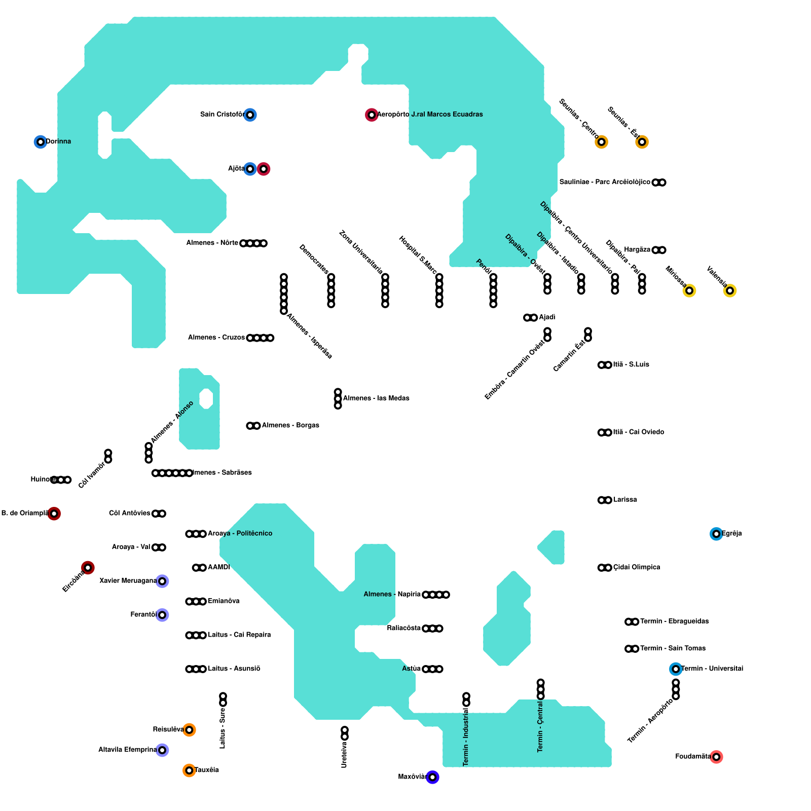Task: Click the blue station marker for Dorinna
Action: (41, 142)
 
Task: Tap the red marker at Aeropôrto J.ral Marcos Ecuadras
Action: (372, 115)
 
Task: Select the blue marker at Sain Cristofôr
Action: (250, 115)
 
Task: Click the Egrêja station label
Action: (731, 533)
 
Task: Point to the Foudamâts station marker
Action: (716, 757)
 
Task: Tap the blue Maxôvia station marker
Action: (432, 777)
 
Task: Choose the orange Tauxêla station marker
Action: (189, 770)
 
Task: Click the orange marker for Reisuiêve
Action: (189, 730)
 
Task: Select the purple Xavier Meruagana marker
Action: (162, 581)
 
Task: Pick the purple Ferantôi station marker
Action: (162, 615)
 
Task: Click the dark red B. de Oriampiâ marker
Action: (54, 513)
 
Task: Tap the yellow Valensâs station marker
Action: (729, 290)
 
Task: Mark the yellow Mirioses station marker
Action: (689, 290)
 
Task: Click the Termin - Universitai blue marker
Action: (676, 669)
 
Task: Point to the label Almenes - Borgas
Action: (290, 425)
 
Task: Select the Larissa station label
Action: (625, 500)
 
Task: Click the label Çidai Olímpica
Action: (637, 567)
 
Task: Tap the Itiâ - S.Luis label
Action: (631, 364)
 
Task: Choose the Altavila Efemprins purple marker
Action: (162, 750)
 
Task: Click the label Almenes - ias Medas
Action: (376, 398)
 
